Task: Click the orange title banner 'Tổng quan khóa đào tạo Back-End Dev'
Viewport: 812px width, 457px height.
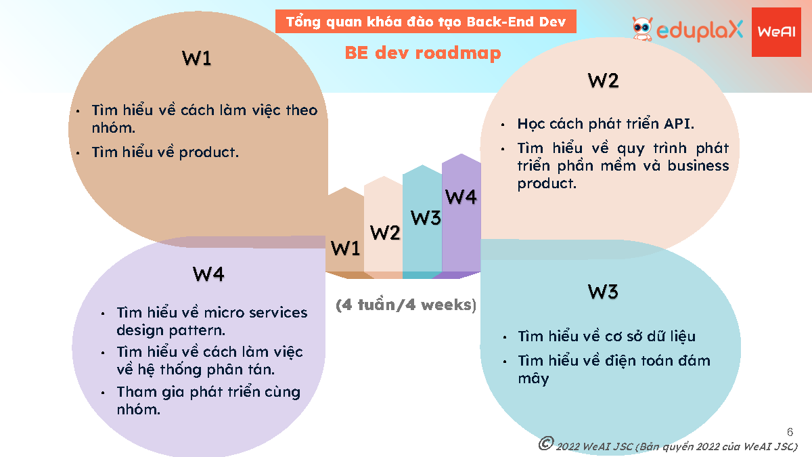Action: tap(426, 22)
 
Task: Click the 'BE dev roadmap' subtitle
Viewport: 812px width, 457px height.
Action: tap(423, 53)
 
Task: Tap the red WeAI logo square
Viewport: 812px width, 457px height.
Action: tap(776, 32)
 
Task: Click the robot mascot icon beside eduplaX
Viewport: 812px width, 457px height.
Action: tap(642, 28)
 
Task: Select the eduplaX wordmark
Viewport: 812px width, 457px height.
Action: tap(700, 30)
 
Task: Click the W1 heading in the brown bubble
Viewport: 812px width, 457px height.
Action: tap(196, 58)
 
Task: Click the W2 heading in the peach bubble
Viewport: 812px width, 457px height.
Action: tap(603, 81)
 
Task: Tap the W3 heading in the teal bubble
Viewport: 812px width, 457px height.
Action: tap(603, 292)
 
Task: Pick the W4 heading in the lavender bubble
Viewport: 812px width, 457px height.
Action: tap(208, 274)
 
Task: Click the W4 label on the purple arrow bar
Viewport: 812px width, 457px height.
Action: tap(461, 196)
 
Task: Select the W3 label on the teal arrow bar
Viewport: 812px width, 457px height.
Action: tap(426, 218)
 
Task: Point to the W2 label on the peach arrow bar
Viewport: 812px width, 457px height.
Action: tap(385, 232)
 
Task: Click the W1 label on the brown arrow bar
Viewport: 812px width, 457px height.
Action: tap(346, 248)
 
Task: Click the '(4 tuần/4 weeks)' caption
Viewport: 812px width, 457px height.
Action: tap(406, 305)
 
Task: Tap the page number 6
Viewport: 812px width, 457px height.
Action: tap(790, 432)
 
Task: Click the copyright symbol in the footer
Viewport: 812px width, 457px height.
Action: tap(546, 443)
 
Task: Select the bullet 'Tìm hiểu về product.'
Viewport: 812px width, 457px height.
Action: tap(165, 152)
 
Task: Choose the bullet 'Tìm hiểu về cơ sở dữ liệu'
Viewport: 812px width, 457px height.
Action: tap(607, 336)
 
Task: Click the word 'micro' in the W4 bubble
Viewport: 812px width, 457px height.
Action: tap(221, 313)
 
